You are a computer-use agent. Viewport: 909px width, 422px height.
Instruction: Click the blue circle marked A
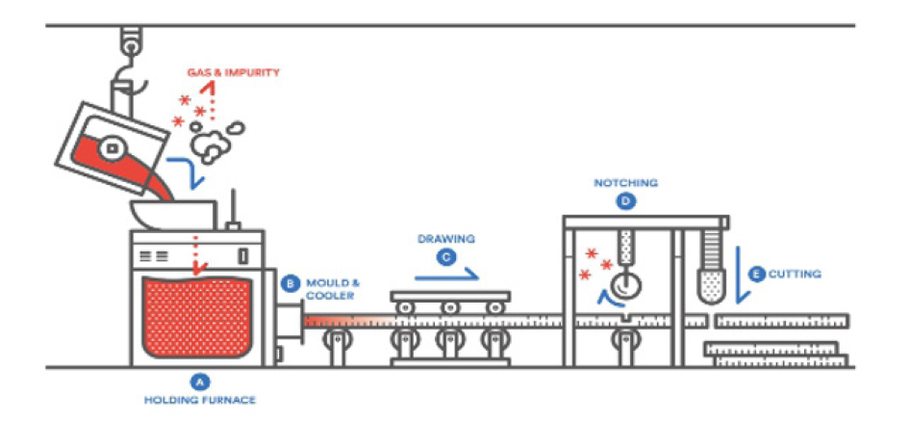tap(200, 381)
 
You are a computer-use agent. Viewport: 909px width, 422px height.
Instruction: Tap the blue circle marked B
tap(290, 283)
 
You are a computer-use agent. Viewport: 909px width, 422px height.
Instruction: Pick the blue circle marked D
tap(627, 201)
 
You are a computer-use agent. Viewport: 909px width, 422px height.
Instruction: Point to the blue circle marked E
tap(757, 275)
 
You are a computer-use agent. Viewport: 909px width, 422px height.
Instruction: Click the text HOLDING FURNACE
tap(200, 400)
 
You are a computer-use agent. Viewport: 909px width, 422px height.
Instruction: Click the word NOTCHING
tap(626, 183)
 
